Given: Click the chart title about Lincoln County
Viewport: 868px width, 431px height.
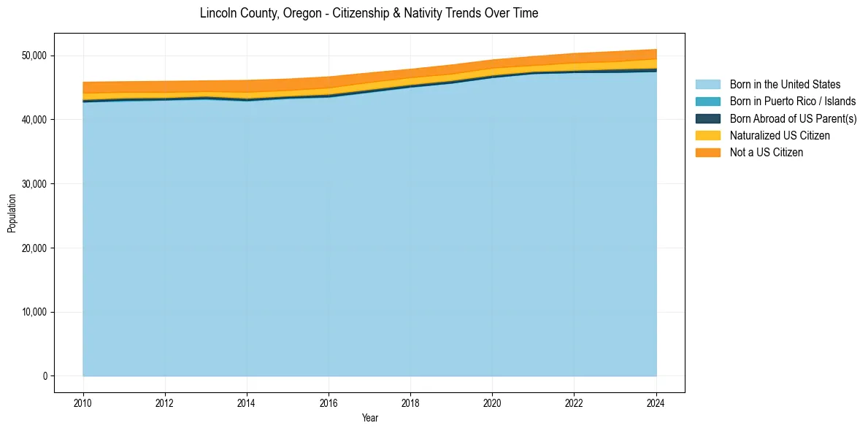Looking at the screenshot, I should (x=369, y=13).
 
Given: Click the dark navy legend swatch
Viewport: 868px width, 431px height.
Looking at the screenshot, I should (x=707, y=118).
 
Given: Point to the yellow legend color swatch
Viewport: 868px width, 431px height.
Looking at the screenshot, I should (x=707, y=136).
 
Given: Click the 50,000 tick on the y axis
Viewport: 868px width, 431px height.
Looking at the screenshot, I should (x=34, y=56).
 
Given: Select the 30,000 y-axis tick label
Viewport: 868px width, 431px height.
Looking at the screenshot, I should (x=34, y=184).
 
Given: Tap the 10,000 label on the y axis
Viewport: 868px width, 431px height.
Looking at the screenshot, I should (x=34, y=312).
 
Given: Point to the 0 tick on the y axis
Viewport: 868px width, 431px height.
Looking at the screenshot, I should (x=45, y=376).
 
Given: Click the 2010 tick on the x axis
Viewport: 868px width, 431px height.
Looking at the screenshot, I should (x=83, y=402).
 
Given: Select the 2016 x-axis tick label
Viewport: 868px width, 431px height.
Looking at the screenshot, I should (x=329, y=402).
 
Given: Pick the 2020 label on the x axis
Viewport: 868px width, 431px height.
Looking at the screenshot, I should (x=492, y=402).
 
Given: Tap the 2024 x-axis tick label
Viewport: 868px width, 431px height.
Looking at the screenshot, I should (x=656, y=402).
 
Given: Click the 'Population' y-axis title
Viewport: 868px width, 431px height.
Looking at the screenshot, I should (x=12, y=213).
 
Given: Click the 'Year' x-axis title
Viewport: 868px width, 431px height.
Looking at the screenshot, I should (x=369, y=418).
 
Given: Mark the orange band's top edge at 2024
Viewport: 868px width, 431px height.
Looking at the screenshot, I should (x=656, y=50).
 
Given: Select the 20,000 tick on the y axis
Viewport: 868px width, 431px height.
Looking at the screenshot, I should (x=34, y=248).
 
